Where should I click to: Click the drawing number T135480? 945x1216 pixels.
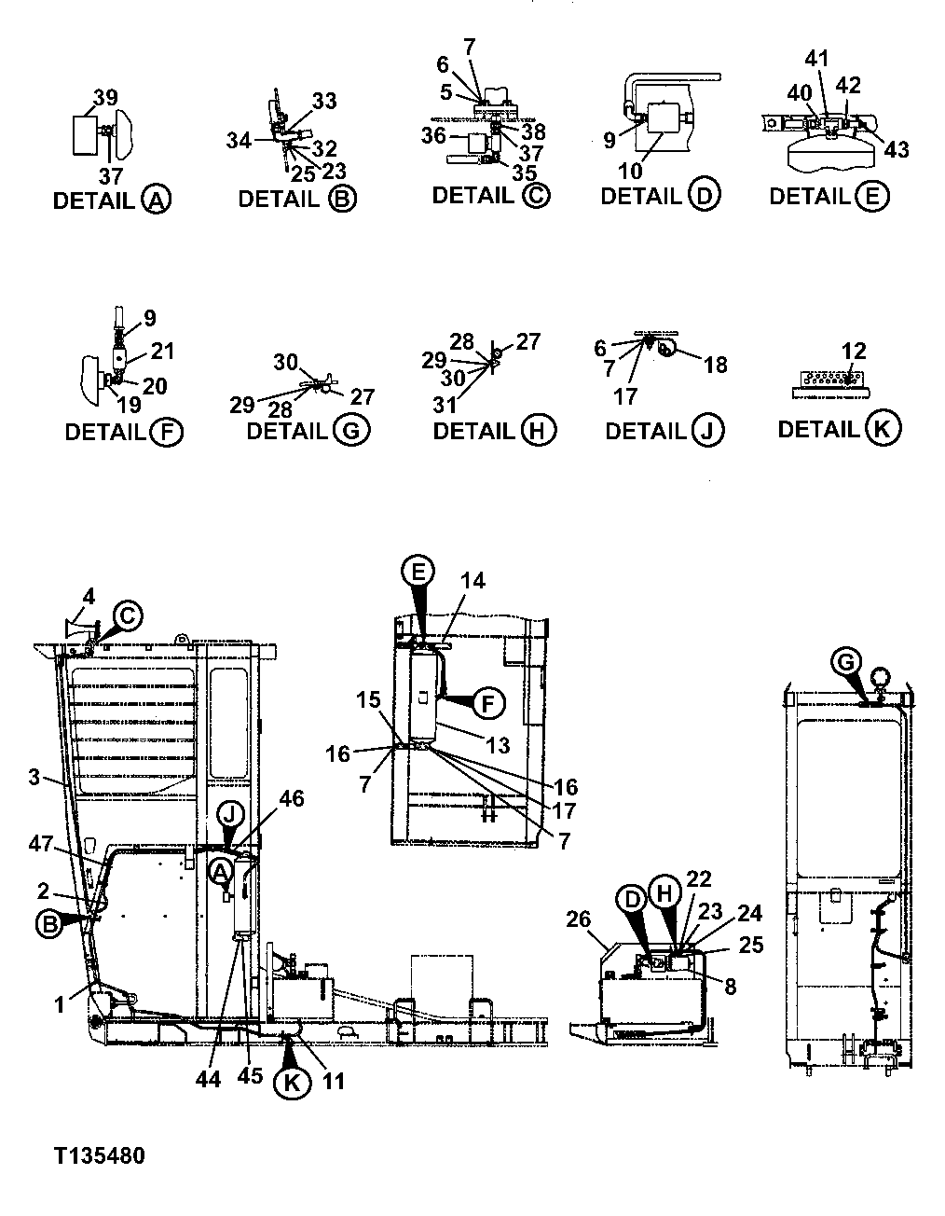coord(99,1156)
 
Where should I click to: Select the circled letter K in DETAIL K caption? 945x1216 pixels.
coord(882,430)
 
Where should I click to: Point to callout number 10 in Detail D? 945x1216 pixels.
coord(630,171)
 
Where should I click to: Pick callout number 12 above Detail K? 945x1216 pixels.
coord(854,351)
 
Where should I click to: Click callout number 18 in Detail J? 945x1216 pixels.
coord(716,365)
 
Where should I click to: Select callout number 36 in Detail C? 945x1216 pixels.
coord(433,135)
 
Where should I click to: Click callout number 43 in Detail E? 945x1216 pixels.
coord(897,149)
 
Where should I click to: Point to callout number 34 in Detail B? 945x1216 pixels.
coord(240,141)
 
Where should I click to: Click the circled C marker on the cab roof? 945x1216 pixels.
coord(128,615)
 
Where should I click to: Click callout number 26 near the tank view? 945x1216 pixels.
coord(579,919)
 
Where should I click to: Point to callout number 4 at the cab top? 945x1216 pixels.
coord(89,595)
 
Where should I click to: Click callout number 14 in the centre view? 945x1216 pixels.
coord(472,581)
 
